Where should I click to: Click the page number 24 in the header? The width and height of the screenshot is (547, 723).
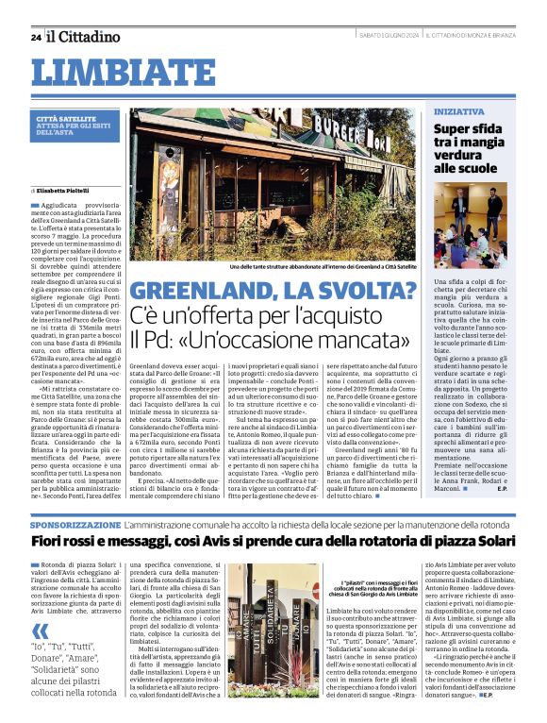click(x=35, y=37)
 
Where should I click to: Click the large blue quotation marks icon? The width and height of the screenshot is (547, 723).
click(x=40, y=632)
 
